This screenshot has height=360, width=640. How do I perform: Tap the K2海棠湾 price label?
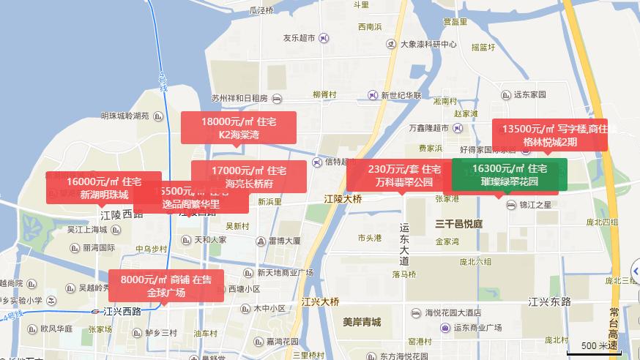[239, 127]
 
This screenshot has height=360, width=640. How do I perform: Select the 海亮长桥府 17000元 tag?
[249, 176]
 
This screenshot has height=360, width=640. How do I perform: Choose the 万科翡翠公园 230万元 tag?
[404, 176]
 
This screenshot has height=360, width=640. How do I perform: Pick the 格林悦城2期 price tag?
[549, 135]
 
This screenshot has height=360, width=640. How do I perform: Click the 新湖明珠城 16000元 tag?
[103, 187]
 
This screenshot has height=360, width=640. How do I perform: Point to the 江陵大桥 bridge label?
[343, 198]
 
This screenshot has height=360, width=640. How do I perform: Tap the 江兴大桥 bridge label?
[320, 301]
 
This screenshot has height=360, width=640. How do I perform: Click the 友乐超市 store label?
[299, 37]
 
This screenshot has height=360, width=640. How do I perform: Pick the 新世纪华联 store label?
[406, 95]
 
